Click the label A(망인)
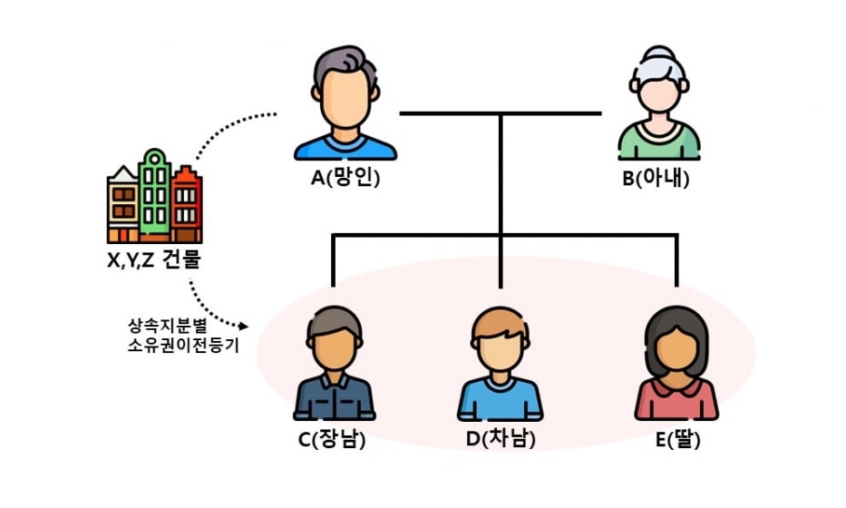(345, 179)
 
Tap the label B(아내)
(656, 179)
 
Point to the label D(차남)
(500, 440)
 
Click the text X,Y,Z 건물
(153, 260)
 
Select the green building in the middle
(155, 195)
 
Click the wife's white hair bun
(659, 53)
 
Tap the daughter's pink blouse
(676, 400)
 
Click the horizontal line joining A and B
(453, 113)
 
